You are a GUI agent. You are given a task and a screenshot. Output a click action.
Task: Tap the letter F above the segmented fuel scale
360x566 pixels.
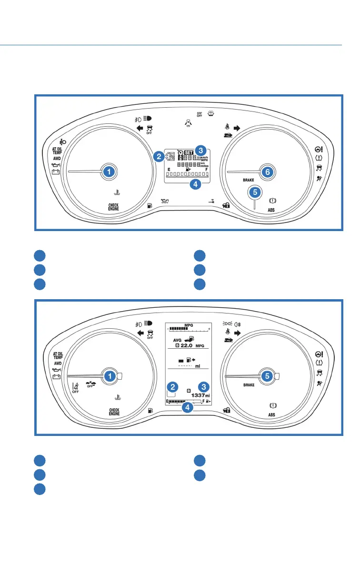pos(207,170)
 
